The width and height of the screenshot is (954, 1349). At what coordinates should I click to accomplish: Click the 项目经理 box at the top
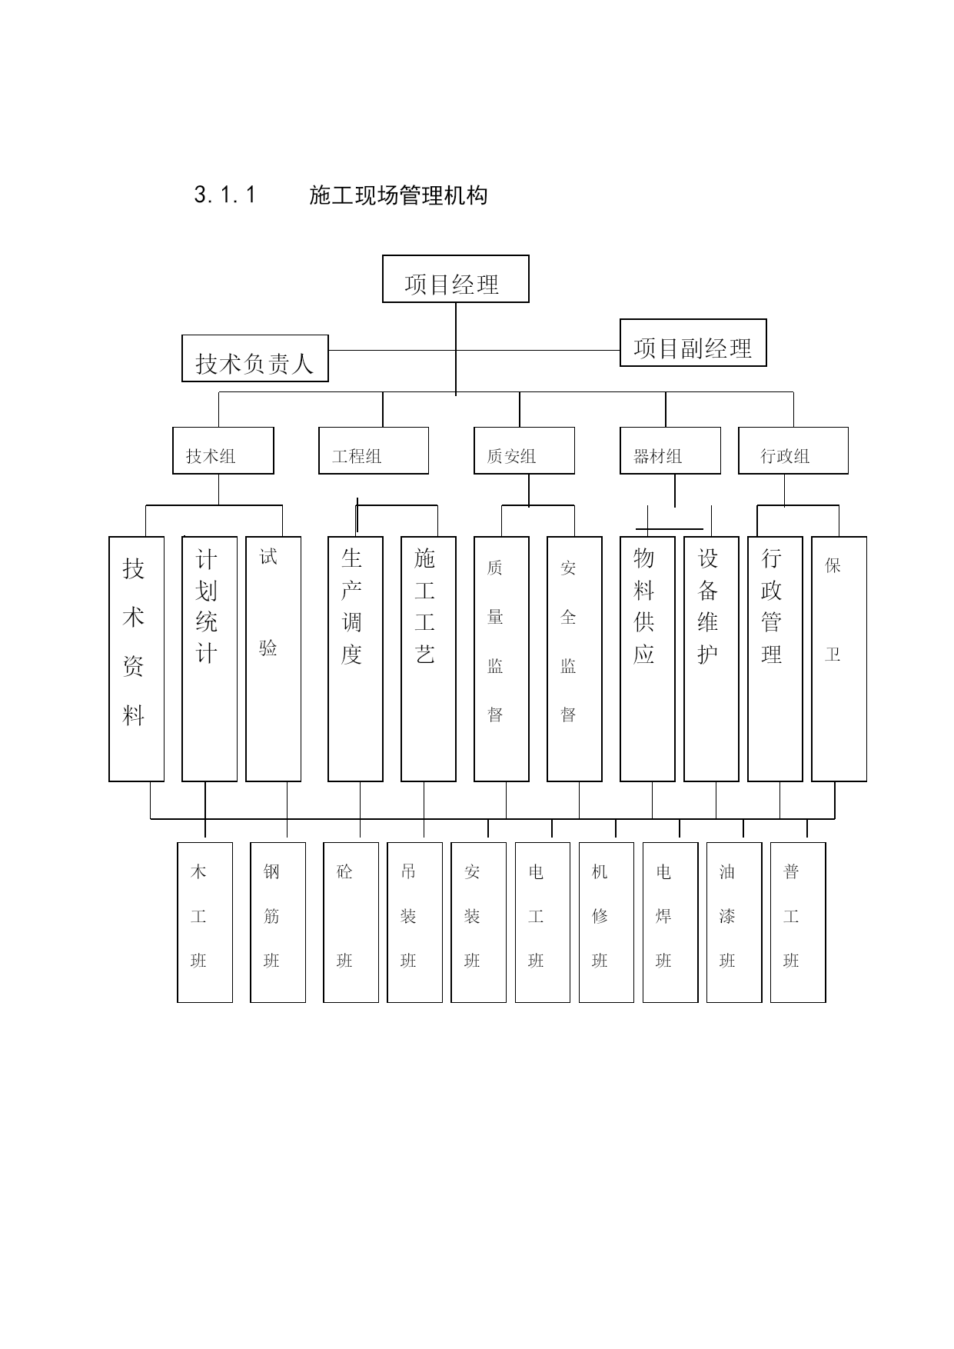(x=456, y=279)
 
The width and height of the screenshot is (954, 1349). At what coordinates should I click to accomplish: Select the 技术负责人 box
(x=255, y=358)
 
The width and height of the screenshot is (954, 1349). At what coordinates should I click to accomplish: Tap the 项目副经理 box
(x=693, y=343)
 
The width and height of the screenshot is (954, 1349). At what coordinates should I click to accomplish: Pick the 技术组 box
(x=223, y=451)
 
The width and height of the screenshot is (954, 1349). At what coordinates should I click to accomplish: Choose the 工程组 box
(x=374, y=451)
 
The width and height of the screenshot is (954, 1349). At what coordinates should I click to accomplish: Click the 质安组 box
(x=524, y=451)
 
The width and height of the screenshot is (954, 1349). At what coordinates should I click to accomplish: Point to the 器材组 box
(x=670, y=451)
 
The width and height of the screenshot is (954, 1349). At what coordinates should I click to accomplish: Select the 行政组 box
(x=793, y=451)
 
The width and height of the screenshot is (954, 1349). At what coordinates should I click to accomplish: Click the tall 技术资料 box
(x=137, y=659)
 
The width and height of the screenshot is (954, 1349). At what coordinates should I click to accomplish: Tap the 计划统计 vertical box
(x=210, y=659)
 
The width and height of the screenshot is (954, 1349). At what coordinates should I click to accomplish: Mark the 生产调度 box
(x=356, y=659)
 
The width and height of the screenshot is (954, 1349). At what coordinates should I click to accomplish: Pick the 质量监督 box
(x=502, y=659)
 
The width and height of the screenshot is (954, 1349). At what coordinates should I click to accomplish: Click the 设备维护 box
(x=712, y=659)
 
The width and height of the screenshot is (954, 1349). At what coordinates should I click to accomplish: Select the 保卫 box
(x=839, y=659)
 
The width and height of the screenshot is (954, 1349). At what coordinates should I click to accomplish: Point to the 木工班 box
(x=205, y=922)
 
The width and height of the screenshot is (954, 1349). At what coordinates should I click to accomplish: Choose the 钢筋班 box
(x=278, y=922)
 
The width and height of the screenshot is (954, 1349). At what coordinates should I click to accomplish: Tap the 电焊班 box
(x=670, y=922)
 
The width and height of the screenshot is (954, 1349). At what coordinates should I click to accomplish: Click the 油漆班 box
(x=734, y=922)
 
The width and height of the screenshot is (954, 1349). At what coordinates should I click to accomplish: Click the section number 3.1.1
(x=225, y=195)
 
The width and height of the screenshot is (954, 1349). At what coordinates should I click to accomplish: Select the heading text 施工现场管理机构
(x=398, y=195)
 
